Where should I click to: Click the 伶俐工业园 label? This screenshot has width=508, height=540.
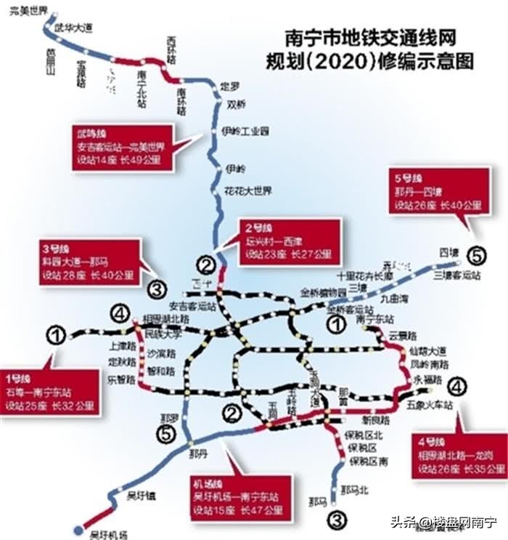pyautogui.click(x=245, y=131)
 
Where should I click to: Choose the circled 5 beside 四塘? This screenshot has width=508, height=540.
pyautogui.click(x=477, y=256)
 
